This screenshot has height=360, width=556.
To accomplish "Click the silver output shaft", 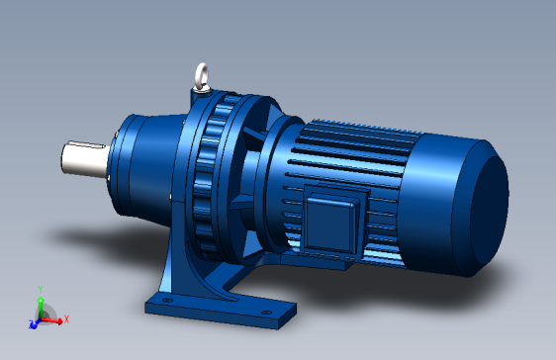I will coord(81,160).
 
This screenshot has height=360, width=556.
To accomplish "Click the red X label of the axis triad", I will coord(65,319).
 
